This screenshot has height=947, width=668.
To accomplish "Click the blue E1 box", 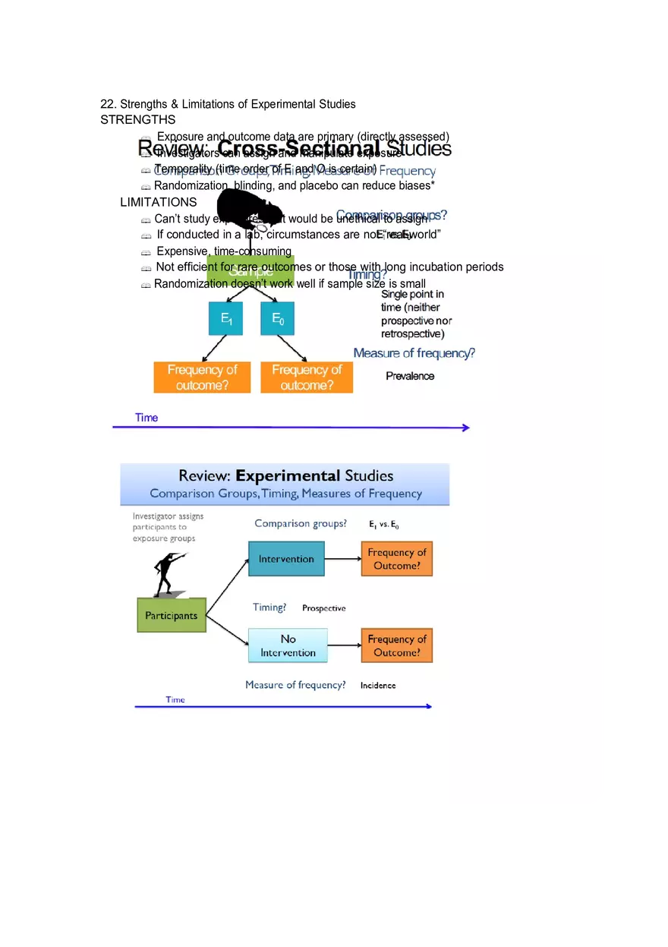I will (225, 319).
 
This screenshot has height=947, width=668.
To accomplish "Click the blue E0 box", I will (277, 319).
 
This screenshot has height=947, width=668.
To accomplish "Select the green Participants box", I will (172, 616).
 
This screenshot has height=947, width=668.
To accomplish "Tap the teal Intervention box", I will (286, 559).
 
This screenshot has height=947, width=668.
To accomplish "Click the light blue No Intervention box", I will (288, 646).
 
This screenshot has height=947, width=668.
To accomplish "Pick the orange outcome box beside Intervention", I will (396, 559).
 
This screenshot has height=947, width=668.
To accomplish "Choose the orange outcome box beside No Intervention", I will (396, 646).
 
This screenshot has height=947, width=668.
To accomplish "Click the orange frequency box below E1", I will (202, 377).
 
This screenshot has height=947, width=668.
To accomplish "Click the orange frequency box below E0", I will (307, 377).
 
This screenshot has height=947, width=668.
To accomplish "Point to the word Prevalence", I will (410, 376).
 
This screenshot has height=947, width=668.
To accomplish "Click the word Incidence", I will (378, 685).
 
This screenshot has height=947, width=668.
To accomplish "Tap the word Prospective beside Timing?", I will (323, 608).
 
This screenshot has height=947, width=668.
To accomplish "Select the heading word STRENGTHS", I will (137, 120).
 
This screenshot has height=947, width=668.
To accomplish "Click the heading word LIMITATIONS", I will (158, 203).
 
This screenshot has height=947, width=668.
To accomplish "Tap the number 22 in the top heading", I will (107, 104).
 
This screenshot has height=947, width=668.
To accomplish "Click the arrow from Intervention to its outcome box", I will (342, 559).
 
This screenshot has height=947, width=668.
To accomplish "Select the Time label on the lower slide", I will (175, 699).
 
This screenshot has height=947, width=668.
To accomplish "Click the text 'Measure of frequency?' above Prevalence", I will (414, 353).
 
